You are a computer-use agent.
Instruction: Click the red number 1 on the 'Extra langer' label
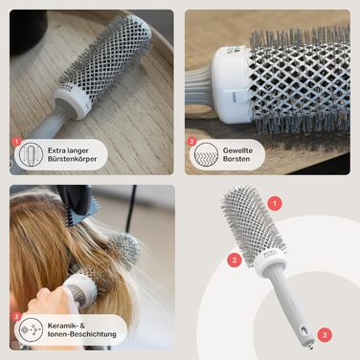point(16,141)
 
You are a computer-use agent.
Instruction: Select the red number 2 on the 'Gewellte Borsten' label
point(191,141)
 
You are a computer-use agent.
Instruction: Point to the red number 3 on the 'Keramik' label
point(16,316)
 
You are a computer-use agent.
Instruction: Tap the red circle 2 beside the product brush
point(233,259)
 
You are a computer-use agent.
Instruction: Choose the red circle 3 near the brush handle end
point(325,334)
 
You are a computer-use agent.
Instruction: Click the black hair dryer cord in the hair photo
point(130,206)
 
